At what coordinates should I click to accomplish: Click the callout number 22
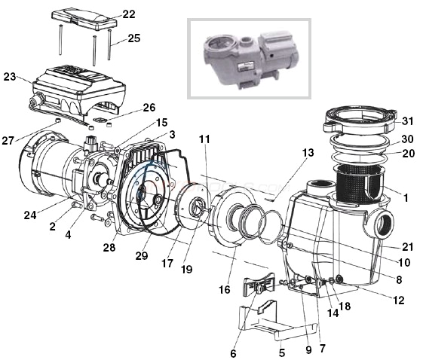(129, 14)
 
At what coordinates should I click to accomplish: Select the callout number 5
(282, 351)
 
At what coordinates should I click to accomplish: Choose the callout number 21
(408, 248)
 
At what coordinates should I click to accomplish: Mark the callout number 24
(30, 215)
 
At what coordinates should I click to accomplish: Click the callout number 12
(398, 301)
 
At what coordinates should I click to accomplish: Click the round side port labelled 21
(382, 225)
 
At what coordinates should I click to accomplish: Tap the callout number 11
(204, 139)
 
